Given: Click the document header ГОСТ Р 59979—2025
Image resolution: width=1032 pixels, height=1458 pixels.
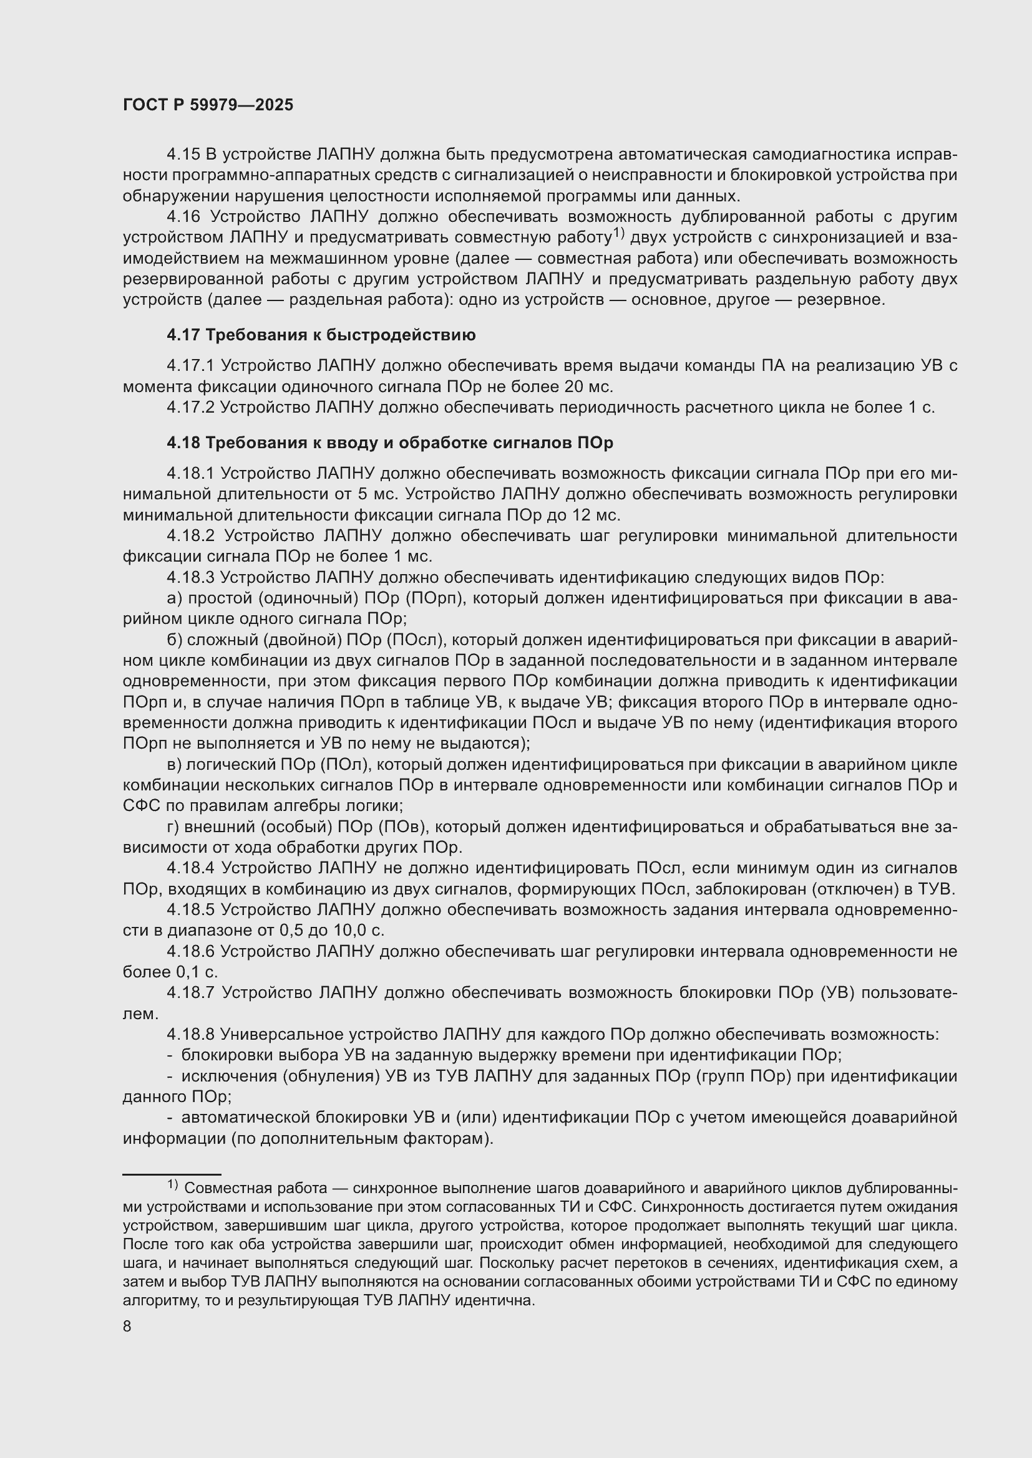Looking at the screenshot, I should point(208,105).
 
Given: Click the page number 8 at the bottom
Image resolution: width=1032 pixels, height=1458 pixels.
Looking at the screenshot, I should point(127,1326).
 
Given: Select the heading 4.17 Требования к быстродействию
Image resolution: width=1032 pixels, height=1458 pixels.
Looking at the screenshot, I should point(321,335).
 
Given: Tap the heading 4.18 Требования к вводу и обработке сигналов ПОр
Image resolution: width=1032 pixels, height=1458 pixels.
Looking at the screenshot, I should point(389,443).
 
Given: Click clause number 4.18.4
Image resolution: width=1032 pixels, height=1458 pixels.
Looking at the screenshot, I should point(192,868).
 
